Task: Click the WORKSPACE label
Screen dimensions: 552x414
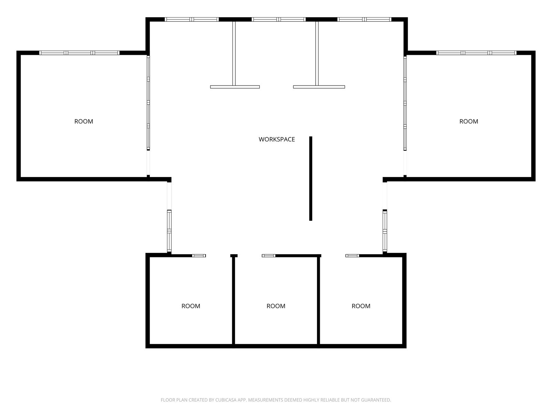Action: (277, 139)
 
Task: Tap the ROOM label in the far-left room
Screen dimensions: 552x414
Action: (84, 121)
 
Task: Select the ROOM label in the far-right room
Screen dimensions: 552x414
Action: (469, 121)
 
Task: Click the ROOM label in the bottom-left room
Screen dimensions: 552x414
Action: (191, 306)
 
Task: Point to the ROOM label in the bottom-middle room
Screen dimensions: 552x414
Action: (276, 306)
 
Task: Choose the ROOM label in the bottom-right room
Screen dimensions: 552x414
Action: (361, 306)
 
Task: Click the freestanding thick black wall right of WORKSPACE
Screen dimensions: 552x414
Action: (310, 178)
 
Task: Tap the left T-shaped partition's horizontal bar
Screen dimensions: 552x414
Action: (235, 87)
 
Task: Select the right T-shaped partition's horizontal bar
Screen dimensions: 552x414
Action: (319, 87)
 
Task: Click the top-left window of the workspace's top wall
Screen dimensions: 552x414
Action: (191, 19)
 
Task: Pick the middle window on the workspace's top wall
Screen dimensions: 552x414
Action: (279, 19)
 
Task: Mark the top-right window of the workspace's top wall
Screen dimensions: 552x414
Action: (364, 19)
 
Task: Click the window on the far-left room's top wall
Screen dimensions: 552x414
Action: (79, 53)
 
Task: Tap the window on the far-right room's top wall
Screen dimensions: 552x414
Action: (476, 53)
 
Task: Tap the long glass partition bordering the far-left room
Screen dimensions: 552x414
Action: (148, 103)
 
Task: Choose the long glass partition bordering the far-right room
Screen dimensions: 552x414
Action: (405, 103)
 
